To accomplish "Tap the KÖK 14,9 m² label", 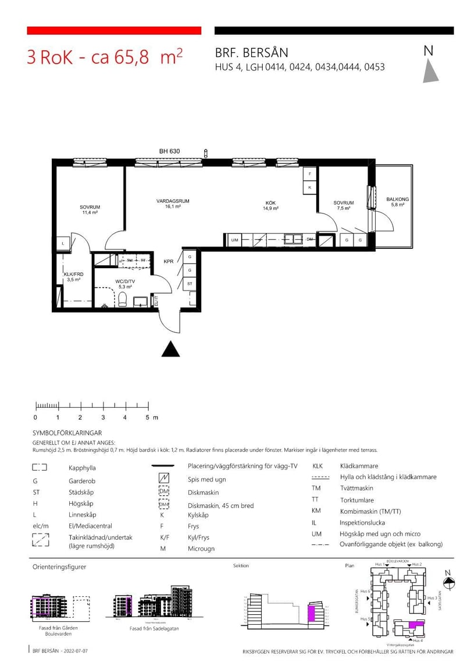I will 270,205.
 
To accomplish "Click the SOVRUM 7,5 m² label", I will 344,205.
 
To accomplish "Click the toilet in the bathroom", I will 123,299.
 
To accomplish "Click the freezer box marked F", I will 310,174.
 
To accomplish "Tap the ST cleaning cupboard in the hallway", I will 190,284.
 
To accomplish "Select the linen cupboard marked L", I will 62,244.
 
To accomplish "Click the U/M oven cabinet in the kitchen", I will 234,240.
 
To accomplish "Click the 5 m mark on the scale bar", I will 148,418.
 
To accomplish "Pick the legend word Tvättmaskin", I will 357,489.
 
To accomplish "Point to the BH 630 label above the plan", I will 169,151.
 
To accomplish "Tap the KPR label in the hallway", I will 169,262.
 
